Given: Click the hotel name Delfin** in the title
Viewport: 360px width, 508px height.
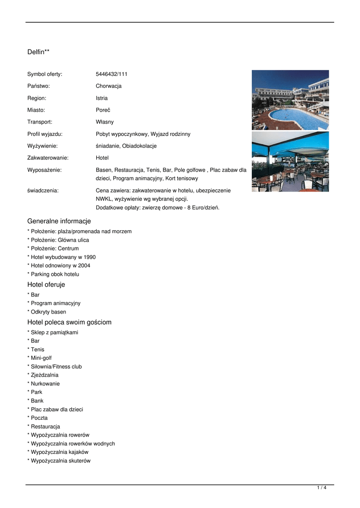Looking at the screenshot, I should click(38, 52).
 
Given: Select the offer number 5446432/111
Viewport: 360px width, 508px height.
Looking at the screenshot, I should click(112, 74).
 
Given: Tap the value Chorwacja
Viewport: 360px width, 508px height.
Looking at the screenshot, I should click(109, 86).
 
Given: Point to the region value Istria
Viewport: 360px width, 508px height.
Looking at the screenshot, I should click(102, 98).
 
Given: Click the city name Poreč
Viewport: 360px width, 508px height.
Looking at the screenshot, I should click(103, 110).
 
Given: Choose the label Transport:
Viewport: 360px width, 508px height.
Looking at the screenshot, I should click(40, 122).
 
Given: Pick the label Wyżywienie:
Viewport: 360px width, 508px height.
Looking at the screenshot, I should click(42, 146).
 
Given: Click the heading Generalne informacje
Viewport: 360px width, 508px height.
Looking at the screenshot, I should click(59, 221).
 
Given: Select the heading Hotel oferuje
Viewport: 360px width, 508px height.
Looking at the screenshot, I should click(46, 285).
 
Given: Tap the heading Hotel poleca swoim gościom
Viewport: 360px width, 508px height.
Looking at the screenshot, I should click(70, 322).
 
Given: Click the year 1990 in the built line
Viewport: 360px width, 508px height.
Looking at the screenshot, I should click(89, 257).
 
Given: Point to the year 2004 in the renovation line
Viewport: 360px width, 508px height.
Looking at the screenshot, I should click(84, 266).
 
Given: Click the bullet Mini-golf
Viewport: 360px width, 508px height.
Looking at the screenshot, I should click(41, 358).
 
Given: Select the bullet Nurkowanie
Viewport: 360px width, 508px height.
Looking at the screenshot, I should click(45, 384).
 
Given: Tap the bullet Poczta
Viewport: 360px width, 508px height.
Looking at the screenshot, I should click(39, 418).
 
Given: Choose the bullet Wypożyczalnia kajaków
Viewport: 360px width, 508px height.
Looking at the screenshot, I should click(60, 452).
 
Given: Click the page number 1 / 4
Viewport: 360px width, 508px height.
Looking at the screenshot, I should click(322, 488).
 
